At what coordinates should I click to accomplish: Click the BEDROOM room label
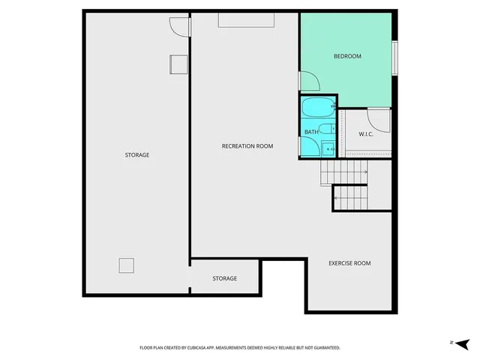coord(347,56)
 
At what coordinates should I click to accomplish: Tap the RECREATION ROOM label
coord(247,146)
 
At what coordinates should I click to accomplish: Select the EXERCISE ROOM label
coord(349,263)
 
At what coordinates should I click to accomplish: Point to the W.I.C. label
coord(366,134)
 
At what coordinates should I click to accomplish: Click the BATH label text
coord(310,133)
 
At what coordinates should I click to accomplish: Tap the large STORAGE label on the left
coord(136,155)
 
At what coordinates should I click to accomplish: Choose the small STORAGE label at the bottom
coord(224,278)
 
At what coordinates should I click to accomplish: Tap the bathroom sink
coord(328,149)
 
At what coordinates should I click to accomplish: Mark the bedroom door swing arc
coord(310,81)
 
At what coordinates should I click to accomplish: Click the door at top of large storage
coord(179,27)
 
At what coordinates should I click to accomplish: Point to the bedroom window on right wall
coord(394,57)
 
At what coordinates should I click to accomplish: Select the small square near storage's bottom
coord(126,265)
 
